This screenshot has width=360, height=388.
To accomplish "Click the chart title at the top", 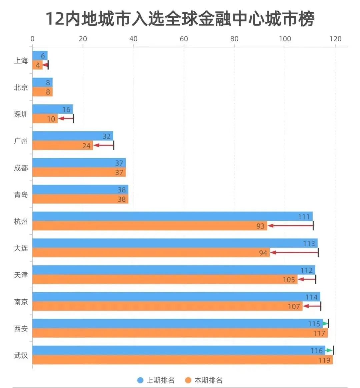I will click(180, 19).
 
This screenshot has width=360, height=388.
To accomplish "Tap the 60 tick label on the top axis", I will click(184, 39).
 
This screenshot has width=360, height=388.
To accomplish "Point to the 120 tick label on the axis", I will click(335, 39).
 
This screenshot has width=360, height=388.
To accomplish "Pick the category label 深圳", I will click(21, 114).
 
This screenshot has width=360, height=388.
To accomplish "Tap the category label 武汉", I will click(21, 355).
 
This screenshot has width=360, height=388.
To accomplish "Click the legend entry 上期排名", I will click(156, 380).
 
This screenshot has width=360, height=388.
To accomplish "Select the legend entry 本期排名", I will click(204, 380).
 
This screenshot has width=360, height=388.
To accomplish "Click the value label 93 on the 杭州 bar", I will click(260, 226).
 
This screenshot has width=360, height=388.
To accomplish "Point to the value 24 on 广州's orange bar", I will click(86, 146).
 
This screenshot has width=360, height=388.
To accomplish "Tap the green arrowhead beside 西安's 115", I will click(325, 324).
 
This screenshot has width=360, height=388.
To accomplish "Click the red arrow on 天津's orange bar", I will click(306, 279).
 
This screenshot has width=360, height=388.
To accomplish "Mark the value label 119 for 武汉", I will click(324, 360).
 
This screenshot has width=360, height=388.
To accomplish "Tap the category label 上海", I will click(21, 61).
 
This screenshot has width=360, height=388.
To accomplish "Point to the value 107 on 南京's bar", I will click(294, 306).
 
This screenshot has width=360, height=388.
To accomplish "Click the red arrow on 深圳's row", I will click(65, 118).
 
